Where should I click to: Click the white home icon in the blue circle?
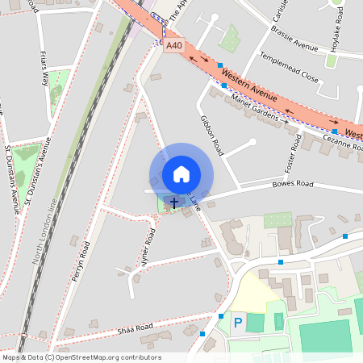click(x=181, y=173)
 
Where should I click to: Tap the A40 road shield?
click(x=174, y=47)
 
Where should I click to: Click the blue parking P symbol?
click(x=237, y=323)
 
